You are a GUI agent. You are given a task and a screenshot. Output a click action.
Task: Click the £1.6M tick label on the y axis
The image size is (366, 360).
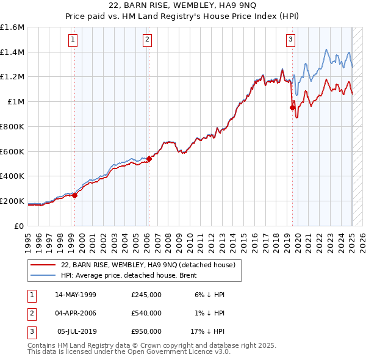tap(12, 27)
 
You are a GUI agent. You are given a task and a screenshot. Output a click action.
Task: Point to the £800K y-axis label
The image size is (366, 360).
tap(12, 126)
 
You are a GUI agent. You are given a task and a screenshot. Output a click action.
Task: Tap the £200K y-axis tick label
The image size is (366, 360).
tap(12, 201)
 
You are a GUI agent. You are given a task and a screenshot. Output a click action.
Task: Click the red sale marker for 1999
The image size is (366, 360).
tap(75, 195)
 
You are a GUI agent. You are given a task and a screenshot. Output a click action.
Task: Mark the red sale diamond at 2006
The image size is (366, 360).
tap(149, 159)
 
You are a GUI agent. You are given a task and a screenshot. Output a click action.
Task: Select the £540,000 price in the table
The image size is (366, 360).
tap(146, 313)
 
